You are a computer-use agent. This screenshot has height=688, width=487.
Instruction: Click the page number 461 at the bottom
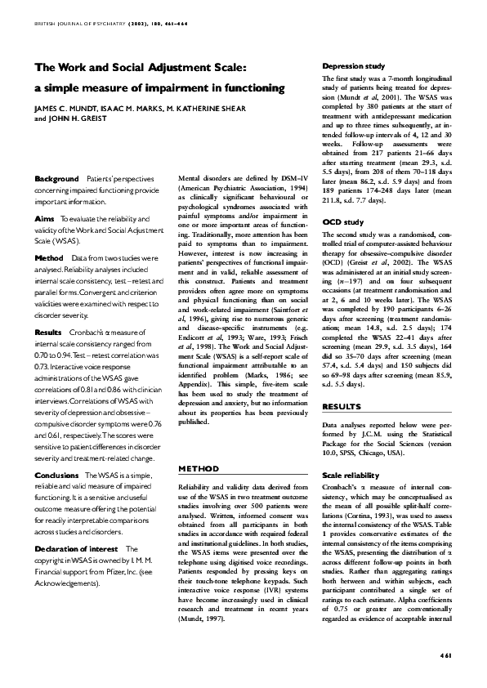[445, 654]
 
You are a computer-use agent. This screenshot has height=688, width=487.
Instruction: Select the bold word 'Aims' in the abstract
[45, 219]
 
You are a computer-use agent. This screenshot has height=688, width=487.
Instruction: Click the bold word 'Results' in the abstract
[49, 333]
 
